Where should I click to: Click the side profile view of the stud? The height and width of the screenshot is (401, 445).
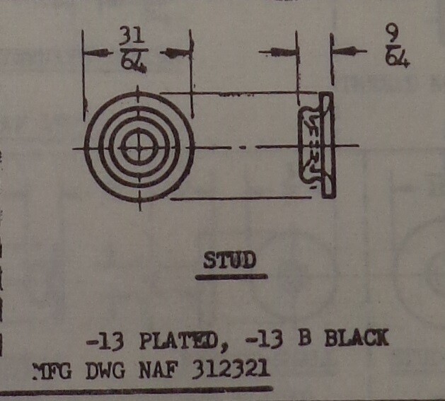pos(316,145)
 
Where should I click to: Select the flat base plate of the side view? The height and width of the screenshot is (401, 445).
pos(326,145)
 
